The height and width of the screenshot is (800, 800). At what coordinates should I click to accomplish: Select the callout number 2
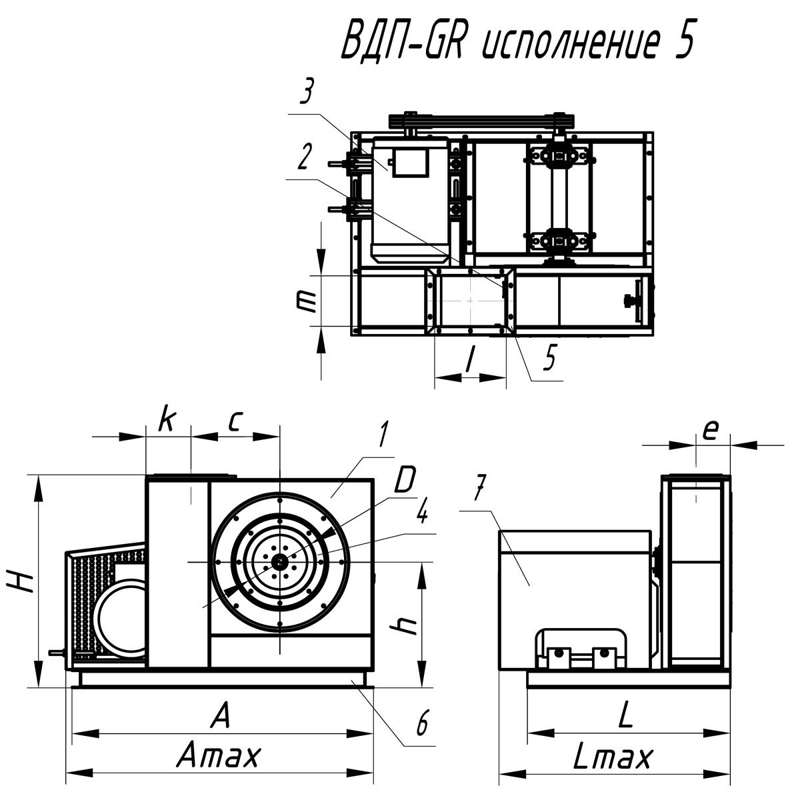pos(305,157)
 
